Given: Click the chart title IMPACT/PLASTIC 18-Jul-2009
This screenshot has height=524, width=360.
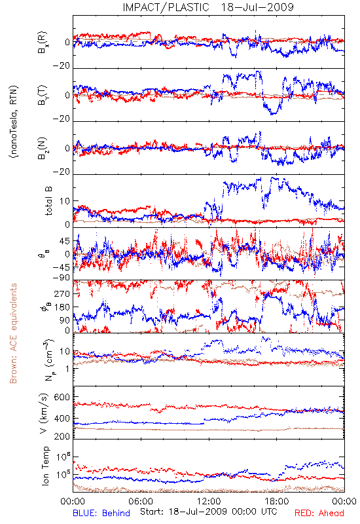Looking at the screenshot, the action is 208,7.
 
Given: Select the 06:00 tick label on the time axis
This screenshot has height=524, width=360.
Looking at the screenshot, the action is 141,501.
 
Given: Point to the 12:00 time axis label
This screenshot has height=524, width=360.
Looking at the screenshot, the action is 209,501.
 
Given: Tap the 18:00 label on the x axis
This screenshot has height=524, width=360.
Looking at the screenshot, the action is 277,501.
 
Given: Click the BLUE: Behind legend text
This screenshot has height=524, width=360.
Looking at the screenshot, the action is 101,513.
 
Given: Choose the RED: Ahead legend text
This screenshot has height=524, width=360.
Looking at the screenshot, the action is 319,513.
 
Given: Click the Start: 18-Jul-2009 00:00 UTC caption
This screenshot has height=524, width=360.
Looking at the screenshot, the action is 208,512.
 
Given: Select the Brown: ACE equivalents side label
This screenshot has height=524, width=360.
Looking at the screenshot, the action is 13,333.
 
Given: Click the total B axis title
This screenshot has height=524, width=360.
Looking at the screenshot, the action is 48,201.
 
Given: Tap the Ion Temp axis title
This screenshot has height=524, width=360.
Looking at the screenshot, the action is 45,466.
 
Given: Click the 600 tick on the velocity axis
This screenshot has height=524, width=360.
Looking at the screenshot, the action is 62,397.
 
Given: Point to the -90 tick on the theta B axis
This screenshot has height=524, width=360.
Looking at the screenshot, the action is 62,277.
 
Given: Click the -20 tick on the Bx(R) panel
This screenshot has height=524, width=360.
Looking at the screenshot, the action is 62,65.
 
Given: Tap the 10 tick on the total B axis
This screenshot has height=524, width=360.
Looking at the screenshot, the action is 65,201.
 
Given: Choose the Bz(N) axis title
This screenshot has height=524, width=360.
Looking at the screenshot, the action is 43,148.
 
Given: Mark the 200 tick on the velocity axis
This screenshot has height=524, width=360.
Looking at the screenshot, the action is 62,436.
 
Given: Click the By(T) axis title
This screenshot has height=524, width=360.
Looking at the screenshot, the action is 43,95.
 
